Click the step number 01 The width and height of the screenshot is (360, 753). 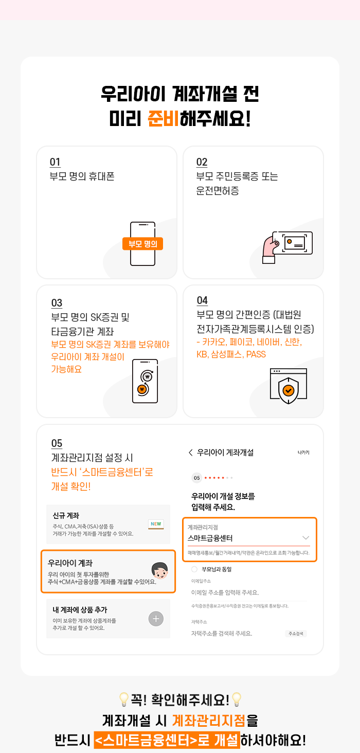[55, 162]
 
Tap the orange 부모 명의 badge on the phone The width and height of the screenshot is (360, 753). [142, 244]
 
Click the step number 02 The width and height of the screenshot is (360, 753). [202, 162]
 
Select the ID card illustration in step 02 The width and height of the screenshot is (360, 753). [293, 243]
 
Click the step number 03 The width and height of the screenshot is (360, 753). [57, 303]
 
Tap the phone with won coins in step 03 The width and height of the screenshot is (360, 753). [145, 381]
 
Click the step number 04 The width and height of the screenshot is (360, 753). [202, 300]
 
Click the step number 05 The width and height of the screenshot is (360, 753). [57, 443]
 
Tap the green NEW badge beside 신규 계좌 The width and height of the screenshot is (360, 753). [156, 524]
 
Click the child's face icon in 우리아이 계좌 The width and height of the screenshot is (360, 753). [159, 571]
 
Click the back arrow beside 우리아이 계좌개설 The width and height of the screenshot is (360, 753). [191, 453]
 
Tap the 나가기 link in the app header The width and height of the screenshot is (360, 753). [303, 453]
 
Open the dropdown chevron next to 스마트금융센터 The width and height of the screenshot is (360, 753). [305, 538]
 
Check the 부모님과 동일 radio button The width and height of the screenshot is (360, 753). [194, 569]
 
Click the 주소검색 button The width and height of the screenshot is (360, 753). [296, 634]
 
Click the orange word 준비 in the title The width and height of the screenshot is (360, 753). [164, 118]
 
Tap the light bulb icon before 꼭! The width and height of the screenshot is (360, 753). [124, 699]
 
